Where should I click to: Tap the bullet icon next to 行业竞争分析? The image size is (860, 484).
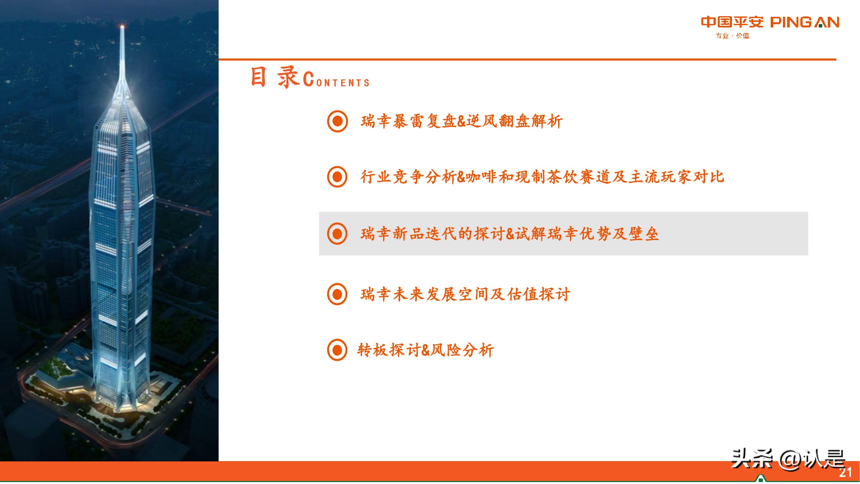[337, 177]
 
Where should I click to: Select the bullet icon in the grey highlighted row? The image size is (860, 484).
[337, 234]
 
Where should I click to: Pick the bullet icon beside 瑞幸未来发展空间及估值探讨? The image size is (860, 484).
[337, 294]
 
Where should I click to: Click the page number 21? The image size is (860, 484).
[845, 472]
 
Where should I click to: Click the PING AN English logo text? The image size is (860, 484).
[805, 22]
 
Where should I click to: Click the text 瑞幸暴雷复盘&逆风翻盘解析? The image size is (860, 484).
[461, 121]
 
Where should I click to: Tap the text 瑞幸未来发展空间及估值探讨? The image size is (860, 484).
[465, 294]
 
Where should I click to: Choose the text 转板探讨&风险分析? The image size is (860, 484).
[425, 350]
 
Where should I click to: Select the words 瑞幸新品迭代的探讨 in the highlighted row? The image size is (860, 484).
[432, 234]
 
